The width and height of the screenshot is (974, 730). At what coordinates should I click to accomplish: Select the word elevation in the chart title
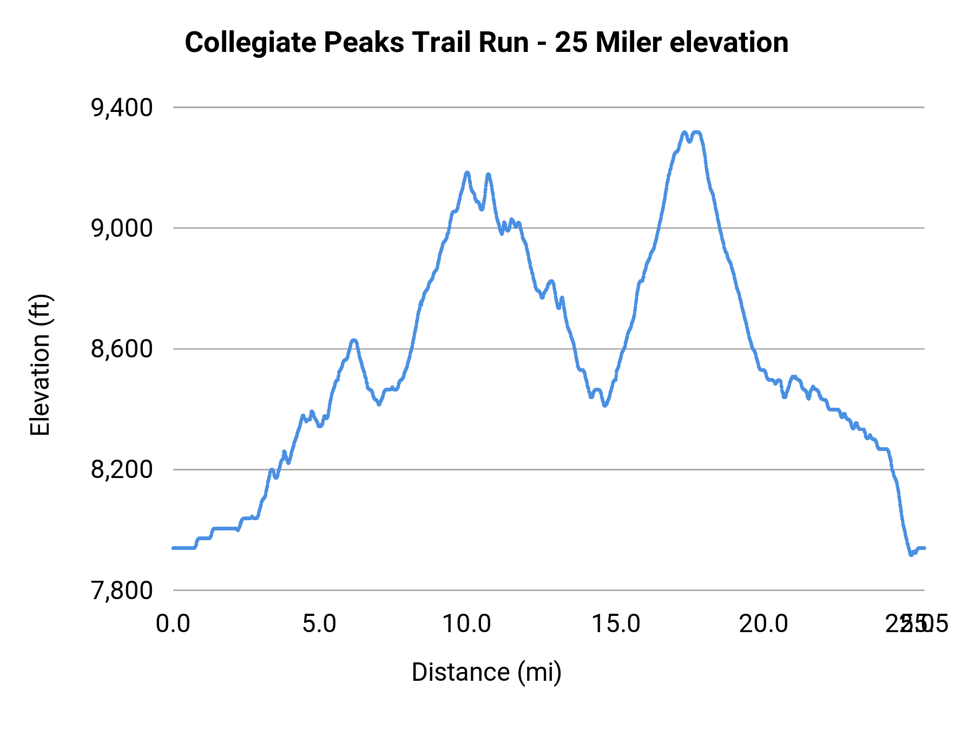pyautogui.click(x=729, y=43)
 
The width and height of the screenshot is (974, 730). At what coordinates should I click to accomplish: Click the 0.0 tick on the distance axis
pyautogui.click(x=173, y=624)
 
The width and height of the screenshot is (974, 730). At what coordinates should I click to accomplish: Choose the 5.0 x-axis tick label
pyautogui.click(x=319, y=624)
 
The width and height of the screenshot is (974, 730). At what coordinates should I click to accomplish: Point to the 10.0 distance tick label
pyautogui.click(x=466, y=624)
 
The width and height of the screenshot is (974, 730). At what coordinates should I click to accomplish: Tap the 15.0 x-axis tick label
pyautogui.click(x=616, y=624)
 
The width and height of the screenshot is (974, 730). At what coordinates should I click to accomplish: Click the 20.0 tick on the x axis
pyautogui.click(x=764, y=624)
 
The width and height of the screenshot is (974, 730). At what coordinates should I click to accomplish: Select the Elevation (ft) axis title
pyautogui.click(x=40, y=365)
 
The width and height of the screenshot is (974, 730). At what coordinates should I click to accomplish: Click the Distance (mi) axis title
pyautogui.click(x=486, y=672)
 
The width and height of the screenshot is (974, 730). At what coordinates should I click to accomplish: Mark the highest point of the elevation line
pyautogui.click(x=697, y=132)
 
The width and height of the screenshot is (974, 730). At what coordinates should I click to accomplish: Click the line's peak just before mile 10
pyautogui.click(x=467, y=172)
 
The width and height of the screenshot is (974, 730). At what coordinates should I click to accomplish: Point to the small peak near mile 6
pyautogui.click(x=354, y=340)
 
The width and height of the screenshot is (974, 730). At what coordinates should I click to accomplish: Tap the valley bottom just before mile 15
pyautogui.click(x=605, y=405)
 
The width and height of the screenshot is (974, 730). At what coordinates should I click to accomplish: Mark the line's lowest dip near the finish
pyautogui.click(x=911, y=554)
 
